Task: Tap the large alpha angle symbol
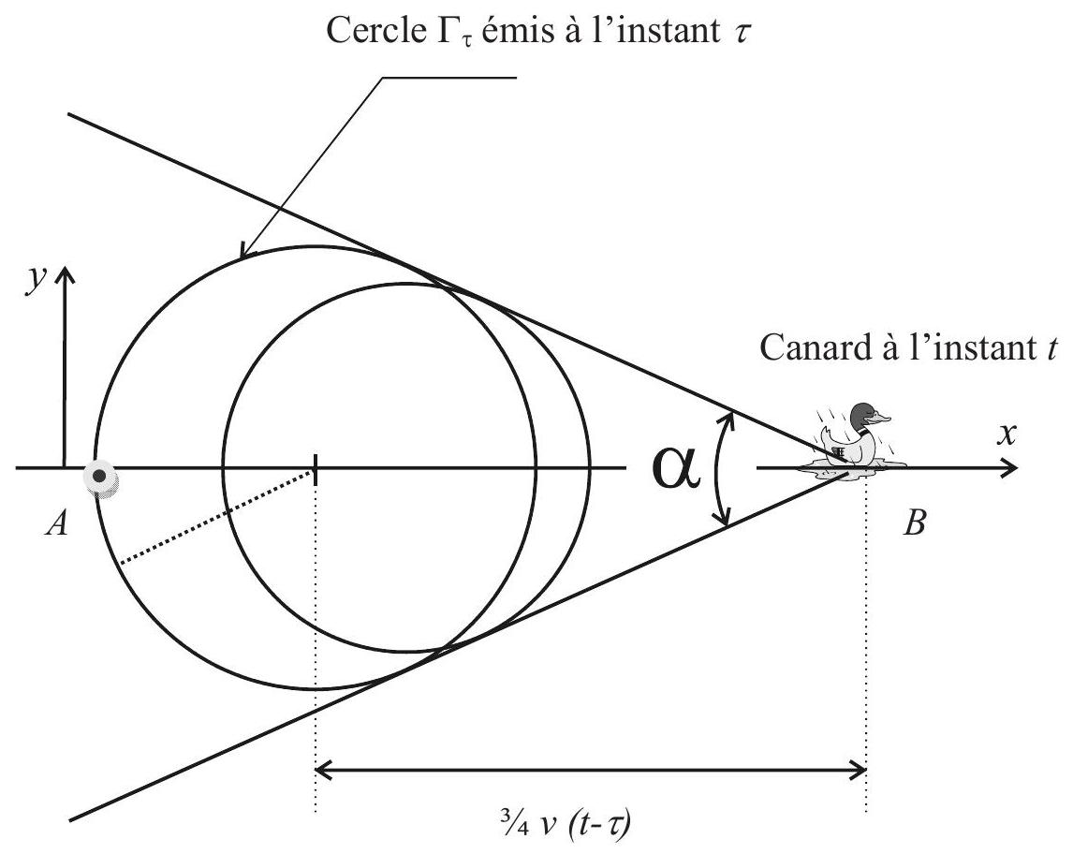pos(676,469)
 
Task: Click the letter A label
pos(57,524)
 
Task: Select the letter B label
pos(915,524)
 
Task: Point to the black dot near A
pos(100,477)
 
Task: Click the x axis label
pos(1006,434)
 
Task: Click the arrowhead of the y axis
pos(65,274)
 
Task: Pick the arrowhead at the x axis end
pos(1009,468)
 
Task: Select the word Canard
pos(815,347)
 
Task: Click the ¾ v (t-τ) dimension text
pos(565,823)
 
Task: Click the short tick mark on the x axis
pos(316,469)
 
